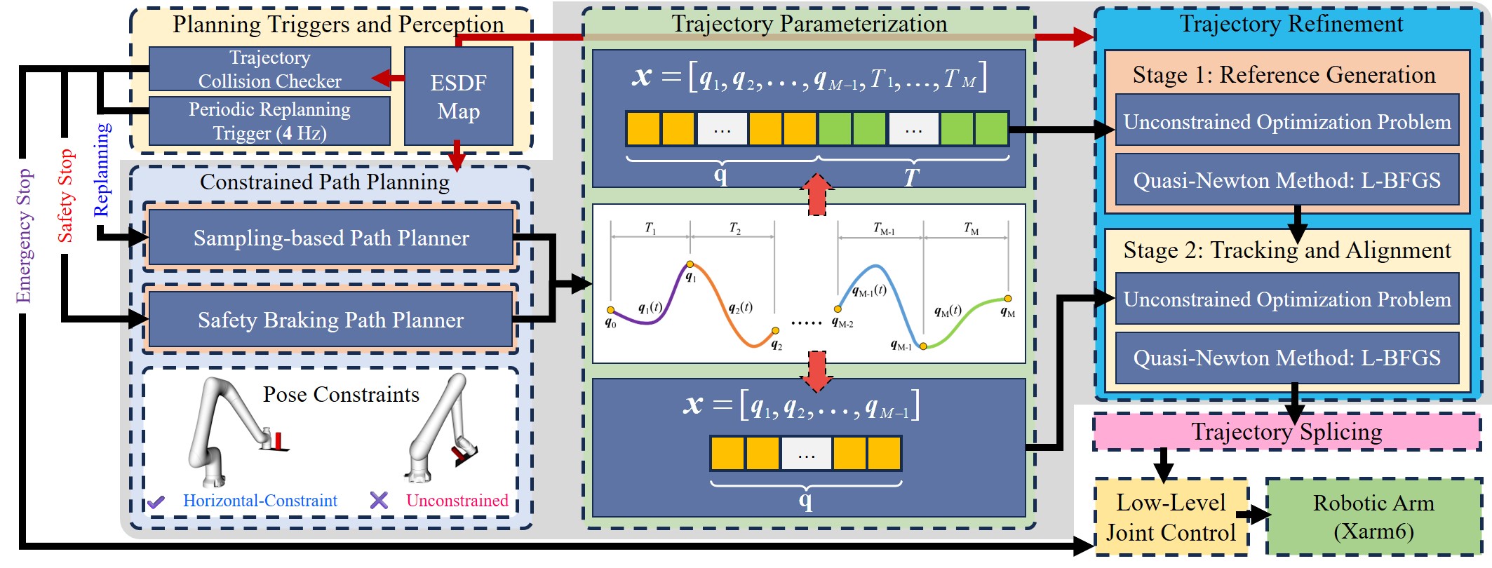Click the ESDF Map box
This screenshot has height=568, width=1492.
(x=458, y=96)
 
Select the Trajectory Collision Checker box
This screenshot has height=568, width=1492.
(x=269, y=69)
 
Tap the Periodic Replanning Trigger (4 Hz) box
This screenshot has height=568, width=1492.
(x=269, y=121)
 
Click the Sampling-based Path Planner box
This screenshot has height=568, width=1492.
(x=330, y=238)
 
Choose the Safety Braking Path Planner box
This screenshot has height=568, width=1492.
(x=330, y=320)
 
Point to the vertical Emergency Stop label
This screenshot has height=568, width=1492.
(x=24, y=236)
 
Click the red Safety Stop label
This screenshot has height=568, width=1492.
(x=65, y=196)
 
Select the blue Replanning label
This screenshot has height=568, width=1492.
(x=102, y=170)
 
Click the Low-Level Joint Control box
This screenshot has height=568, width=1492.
(x=1171, y=518)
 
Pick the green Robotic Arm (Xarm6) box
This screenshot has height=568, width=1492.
(x=1373, y=518)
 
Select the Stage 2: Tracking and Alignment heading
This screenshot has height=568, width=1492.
(x=1286, y=250)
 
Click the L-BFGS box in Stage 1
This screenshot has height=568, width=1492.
(x=1286, y=181)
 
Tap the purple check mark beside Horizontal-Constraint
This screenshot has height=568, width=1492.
(x=156, y=501)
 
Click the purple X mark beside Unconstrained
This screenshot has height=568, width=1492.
(x=379, y=500)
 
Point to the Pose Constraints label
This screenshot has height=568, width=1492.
(x=341, y=394)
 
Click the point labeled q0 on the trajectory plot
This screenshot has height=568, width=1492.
(x=611, y=310)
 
